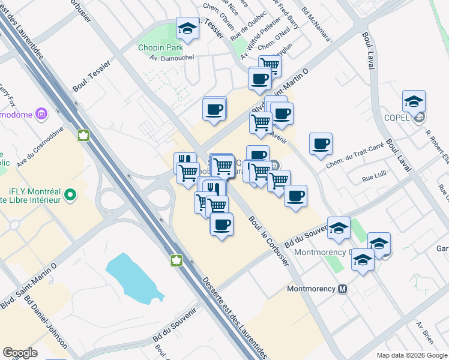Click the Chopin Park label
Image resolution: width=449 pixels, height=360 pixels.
point(160,47)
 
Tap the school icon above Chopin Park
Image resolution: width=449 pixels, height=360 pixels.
point(187,28)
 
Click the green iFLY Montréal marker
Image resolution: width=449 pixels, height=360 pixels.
point(71,194)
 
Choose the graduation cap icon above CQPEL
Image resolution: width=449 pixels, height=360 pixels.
point(414,101)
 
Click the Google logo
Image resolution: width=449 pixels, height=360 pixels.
point(20,353)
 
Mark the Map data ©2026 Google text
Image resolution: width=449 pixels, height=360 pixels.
point(411,355)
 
